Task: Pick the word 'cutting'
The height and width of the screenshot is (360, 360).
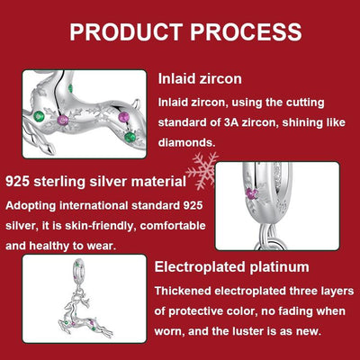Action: click(296, 102)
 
